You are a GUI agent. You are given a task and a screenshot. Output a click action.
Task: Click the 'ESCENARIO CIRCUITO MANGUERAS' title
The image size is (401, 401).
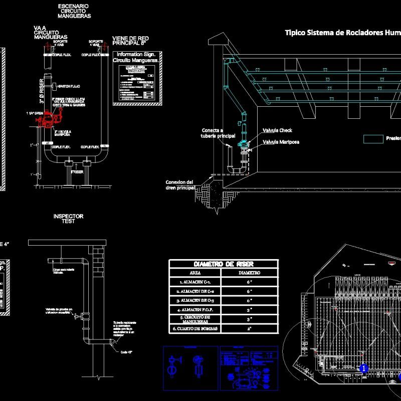(x=74, y=11)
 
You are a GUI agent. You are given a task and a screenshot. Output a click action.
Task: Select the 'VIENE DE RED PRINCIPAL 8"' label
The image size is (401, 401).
(x=130, y=41)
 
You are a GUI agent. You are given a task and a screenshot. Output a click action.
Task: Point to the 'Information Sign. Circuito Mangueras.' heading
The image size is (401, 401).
(x=136, y=57)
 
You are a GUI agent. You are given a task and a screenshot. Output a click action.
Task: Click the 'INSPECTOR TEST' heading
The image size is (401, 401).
(x=68, y=219)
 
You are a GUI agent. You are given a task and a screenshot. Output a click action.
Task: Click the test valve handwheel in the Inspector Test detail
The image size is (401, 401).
(x=75, y=316)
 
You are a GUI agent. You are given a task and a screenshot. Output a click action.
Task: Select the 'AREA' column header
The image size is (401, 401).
(x=195, y=273)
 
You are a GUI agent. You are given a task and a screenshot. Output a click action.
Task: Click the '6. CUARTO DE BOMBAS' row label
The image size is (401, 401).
(x=195, y=329)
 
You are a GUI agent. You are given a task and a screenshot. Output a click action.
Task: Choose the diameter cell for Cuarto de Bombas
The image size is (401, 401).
(x=250, y=329)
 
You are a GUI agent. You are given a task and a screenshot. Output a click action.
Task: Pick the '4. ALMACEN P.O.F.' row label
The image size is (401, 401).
(x=195, y=309)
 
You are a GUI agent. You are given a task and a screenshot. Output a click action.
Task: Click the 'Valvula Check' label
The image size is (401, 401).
(x=277, y=130)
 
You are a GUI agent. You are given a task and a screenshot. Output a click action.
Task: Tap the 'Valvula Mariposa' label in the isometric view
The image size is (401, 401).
(x=281, y=142)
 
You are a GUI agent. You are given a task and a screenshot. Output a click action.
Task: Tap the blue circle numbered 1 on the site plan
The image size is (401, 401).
(x=364, y=368)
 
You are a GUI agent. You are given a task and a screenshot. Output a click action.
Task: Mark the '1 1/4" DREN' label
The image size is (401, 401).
(x=35, y=114)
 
